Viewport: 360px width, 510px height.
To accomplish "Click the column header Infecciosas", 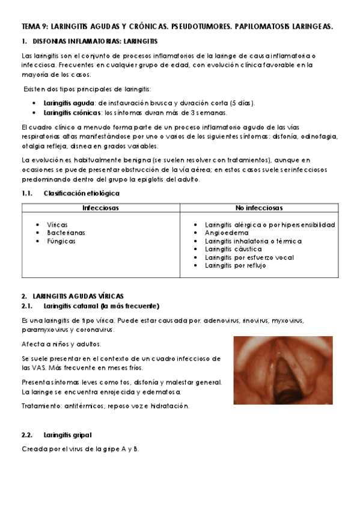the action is pos(100,207).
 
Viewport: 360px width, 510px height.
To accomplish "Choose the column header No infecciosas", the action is pos(259,207).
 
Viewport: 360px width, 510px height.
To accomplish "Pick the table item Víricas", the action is pos(58,224).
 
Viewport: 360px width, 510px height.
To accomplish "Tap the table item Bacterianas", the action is pos(66,233).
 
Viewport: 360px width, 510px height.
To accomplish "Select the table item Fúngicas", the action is pos(61,241).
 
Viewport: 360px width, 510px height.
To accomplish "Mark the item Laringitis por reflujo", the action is pos(235,265).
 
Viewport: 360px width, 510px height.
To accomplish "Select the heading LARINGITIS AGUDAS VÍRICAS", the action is pos(77,296).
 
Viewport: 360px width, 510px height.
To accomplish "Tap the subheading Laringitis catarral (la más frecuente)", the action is pos(101,306).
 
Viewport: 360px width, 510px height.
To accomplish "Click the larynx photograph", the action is pos(282,370).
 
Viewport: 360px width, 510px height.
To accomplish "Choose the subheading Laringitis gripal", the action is pos(67,434).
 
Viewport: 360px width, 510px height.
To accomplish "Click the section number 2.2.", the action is pos(28,434).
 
